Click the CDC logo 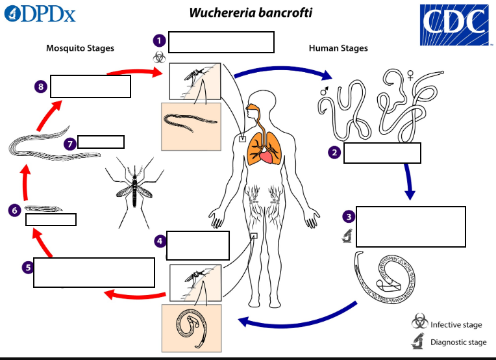coord(454,25)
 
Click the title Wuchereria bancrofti coord(251,13)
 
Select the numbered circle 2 coord(334,153)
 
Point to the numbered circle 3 coord(349,216)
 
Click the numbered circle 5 coord(27,267)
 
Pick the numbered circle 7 coord(70,144)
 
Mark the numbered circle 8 coord(41,86)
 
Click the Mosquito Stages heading coord(80,48)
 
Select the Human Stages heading coord(338,48)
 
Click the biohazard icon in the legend coord(419,322)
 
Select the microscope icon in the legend coord(419,341)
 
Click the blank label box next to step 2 coord(382,153)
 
